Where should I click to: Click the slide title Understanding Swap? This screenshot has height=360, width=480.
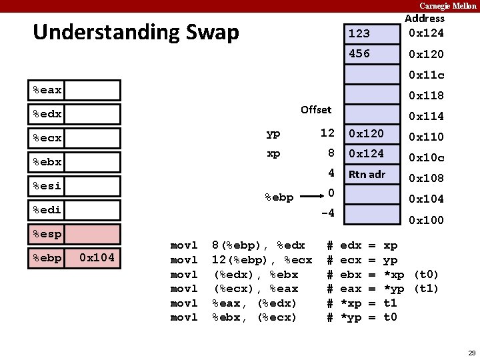pyautogui.click(x=135, y=32)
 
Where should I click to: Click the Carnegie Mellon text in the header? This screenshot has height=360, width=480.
pyautogui.click(x=447, y=5)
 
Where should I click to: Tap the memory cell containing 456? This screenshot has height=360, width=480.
pyautogui.click(x=371, y=54)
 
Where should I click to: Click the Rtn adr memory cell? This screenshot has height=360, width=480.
pyautogui.click(x=371, y=175)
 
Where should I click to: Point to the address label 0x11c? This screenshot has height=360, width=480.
pyautogui.click(x=426, y=75)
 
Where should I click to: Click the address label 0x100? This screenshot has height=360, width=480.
pyautogui.click(x=426, y=220)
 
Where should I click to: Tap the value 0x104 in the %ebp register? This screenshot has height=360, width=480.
pyautogui.click(x=96, y=257)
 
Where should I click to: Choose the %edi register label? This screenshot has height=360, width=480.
pyautogui.click(x=47, y=210)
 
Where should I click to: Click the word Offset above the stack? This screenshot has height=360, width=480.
pyautogui.click(x=315, y=109)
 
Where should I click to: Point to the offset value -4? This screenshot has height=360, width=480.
pyautogui.click(x=327, y=214)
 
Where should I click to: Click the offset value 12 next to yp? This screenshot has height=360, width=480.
pyautogui.click(x=327, y=133)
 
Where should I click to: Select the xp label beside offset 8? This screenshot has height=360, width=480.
pyautogui.click(x=273, y=153)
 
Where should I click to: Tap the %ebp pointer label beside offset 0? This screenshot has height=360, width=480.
pyautogui.click(x=279, y=197)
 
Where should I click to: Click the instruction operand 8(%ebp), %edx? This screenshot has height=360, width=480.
pyautogui.click(x=258, y=245)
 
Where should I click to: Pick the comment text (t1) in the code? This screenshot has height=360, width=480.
pyautogui.click(x=426, y=289)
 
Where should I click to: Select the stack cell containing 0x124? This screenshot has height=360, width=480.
pyautogui.click(x=371, y=154)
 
